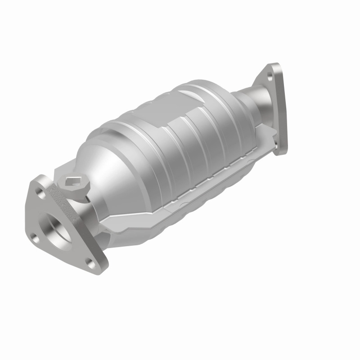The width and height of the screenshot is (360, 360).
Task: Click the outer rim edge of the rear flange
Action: pos(283,108)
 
